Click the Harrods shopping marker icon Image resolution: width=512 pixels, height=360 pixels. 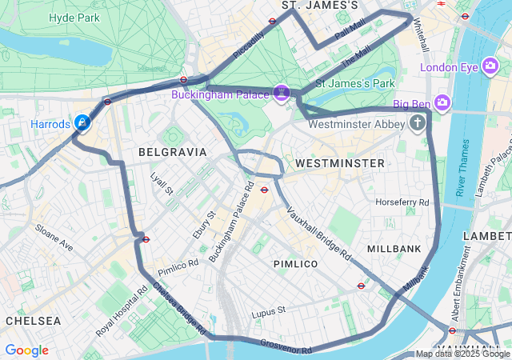point(82,122)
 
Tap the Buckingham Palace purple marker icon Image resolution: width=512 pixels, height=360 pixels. point(281,94)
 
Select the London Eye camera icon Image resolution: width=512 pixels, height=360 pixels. point(491,67)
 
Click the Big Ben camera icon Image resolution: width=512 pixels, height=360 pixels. point(442,102)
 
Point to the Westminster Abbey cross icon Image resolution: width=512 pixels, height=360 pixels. point(417,123)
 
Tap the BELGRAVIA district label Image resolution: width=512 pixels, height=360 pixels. point(172,151)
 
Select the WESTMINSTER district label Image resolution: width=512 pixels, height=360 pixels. point(339,163)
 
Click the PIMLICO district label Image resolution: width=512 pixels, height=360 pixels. point(295,264)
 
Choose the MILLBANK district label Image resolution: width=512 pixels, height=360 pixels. point(394,249)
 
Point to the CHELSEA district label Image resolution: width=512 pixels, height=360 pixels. point(33,320)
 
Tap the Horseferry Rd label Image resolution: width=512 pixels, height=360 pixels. point(402,202)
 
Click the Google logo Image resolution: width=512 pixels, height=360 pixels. point(26,350)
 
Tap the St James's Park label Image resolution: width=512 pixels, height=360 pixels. point(355,82)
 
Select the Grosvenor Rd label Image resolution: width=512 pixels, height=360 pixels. point(286,346)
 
